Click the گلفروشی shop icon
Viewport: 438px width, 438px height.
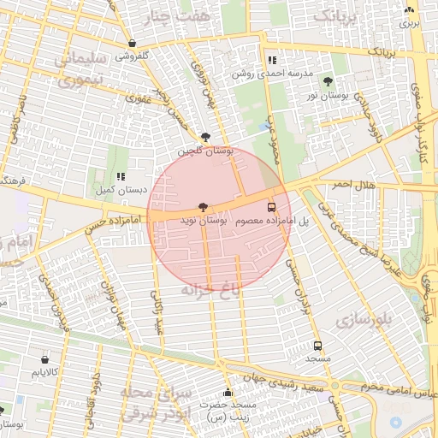131,43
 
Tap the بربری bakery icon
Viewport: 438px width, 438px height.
410,11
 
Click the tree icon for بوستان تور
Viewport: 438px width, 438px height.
328,81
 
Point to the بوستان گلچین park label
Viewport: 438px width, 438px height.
205,151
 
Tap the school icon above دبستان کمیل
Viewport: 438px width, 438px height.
121,175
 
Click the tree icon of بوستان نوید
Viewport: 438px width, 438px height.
203,207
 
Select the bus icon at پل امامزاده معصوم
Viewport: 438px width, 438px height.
272,207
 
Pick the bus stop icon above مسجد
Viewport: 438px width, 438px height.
318,346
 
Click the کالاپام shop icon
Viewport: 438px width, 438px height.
44,359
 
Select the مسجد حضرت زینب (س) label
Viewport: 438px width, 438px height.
227,408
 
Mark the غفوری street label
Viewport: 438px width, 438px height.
139,98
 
